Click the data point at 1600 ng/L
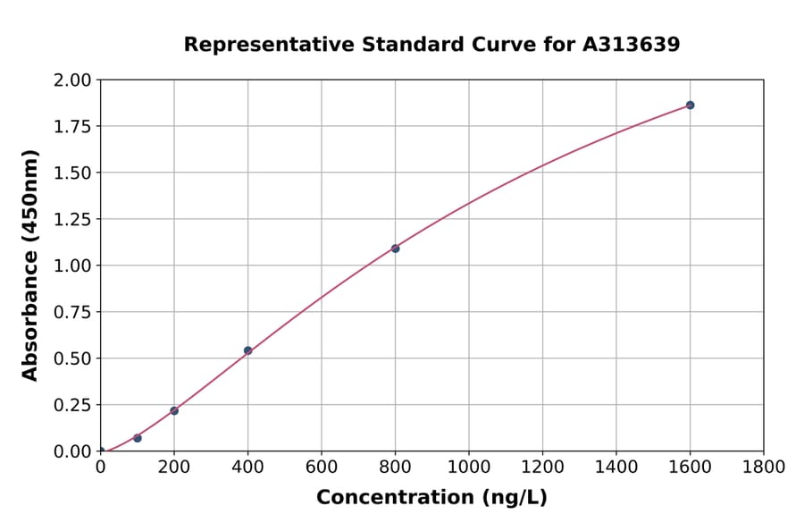coord(690,105)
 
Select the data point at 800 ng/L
coord(395,249)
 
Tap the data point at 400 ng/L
coord(247,350)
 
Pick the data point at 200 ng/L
coord(174,410)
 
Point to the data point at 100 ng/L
coord(138,438)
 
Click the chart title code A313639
coord(632,45)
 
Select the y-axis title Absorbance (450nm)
coord(30,265)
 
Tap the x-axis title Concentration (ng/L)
coord(431,498)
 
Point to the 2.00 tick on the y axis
coord(73,80)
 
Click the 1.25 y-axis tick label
coord(73,219)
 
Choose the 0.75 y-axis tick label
coord(73,312)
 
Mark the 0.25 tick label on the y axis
coord(73,405)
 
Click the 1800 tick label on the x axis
coord(764,467)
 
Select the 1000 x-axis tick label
coord(469,467)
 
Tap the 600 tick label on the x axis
coord(322,467)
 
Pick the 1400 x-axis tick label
coord(616,467)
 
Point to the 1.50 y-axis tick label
coord(73,173)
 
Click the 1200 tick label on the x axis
coord(542,467)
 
